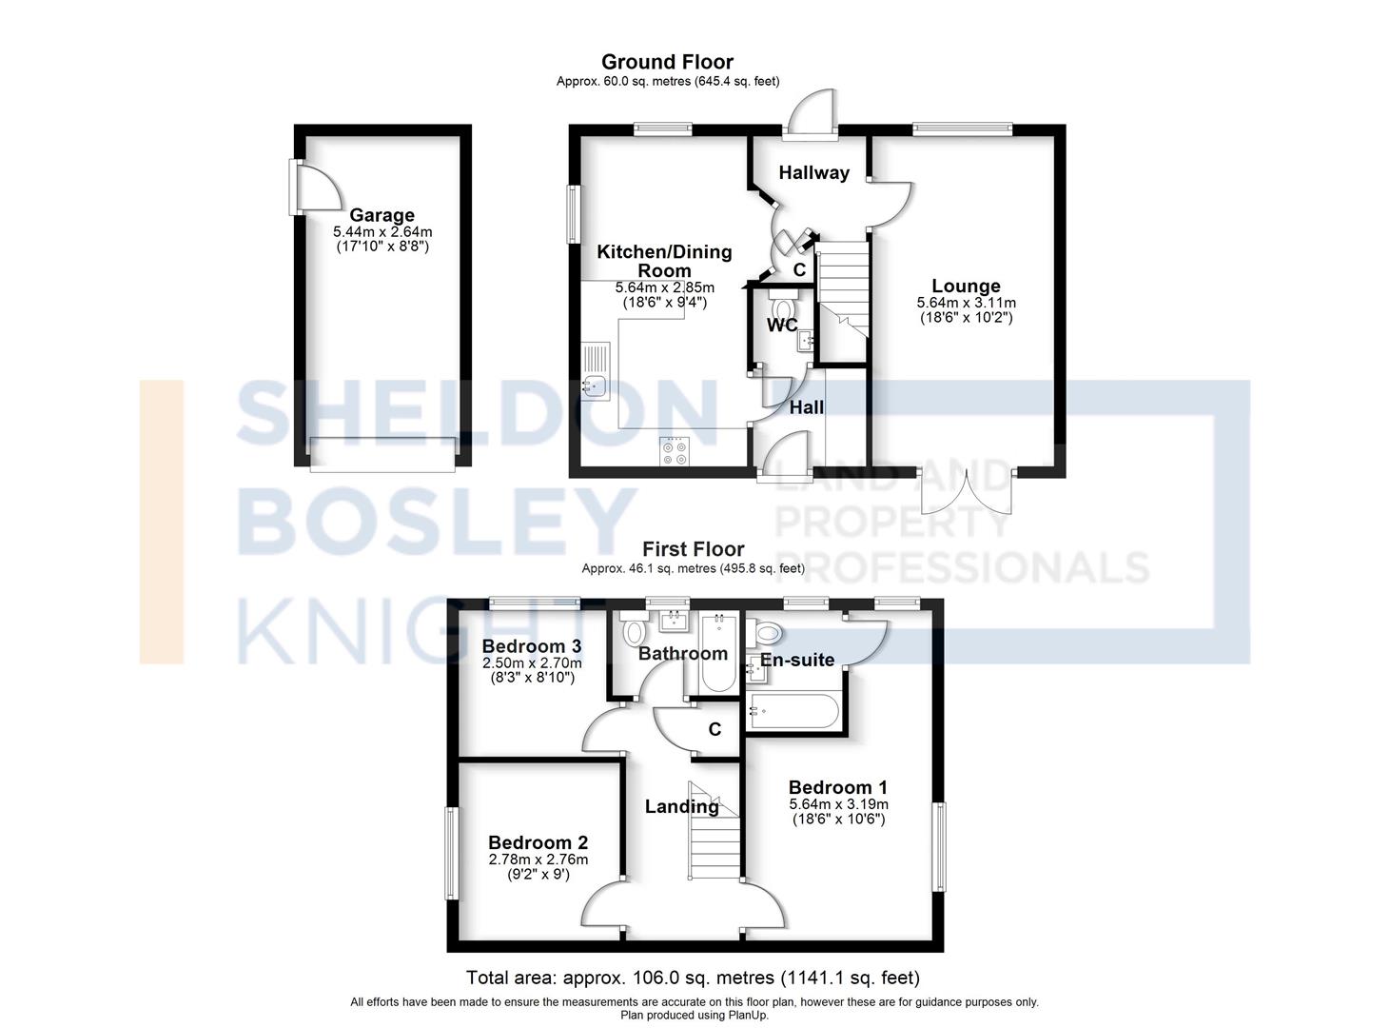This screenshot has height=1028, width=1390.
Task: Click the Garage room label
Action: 382,215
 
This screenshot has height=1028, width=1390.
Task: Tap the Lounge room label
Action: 966,286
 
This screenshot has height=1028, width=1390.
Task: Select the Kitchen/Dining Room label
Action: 664,261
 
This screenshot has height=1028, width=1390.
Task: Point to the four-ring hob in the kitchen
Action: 675,451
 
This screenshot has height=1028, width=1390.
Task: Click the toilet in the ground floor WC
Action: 782,306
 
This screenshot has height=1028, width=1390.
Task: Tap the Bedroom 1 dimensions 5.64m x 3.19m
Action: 839,804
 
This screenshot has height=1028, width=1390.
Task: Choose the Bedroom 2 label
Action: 538,842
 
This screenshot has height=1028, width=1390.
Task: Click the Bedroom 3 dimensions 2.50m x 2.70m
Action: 532,663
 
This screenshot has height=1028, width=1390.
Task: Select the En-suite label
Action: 797,660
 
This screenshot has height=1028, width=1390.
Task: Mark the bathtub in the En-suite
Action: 793,711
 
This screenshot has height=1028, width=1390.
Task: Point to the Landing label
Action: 682,806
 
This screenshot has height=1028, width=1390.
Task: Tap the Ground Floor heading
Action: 667,62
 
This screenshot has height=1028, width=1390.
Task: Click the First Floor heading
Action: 693,549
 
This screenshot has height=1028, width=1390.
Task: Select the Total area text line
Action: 693,978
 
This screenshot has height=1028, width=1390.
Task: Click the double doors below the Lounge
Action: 967,491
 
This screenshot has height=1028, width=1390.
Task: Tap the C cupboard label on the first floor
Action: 715,730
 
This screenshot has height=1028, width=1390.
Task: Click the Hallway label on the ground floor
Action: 813,172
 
